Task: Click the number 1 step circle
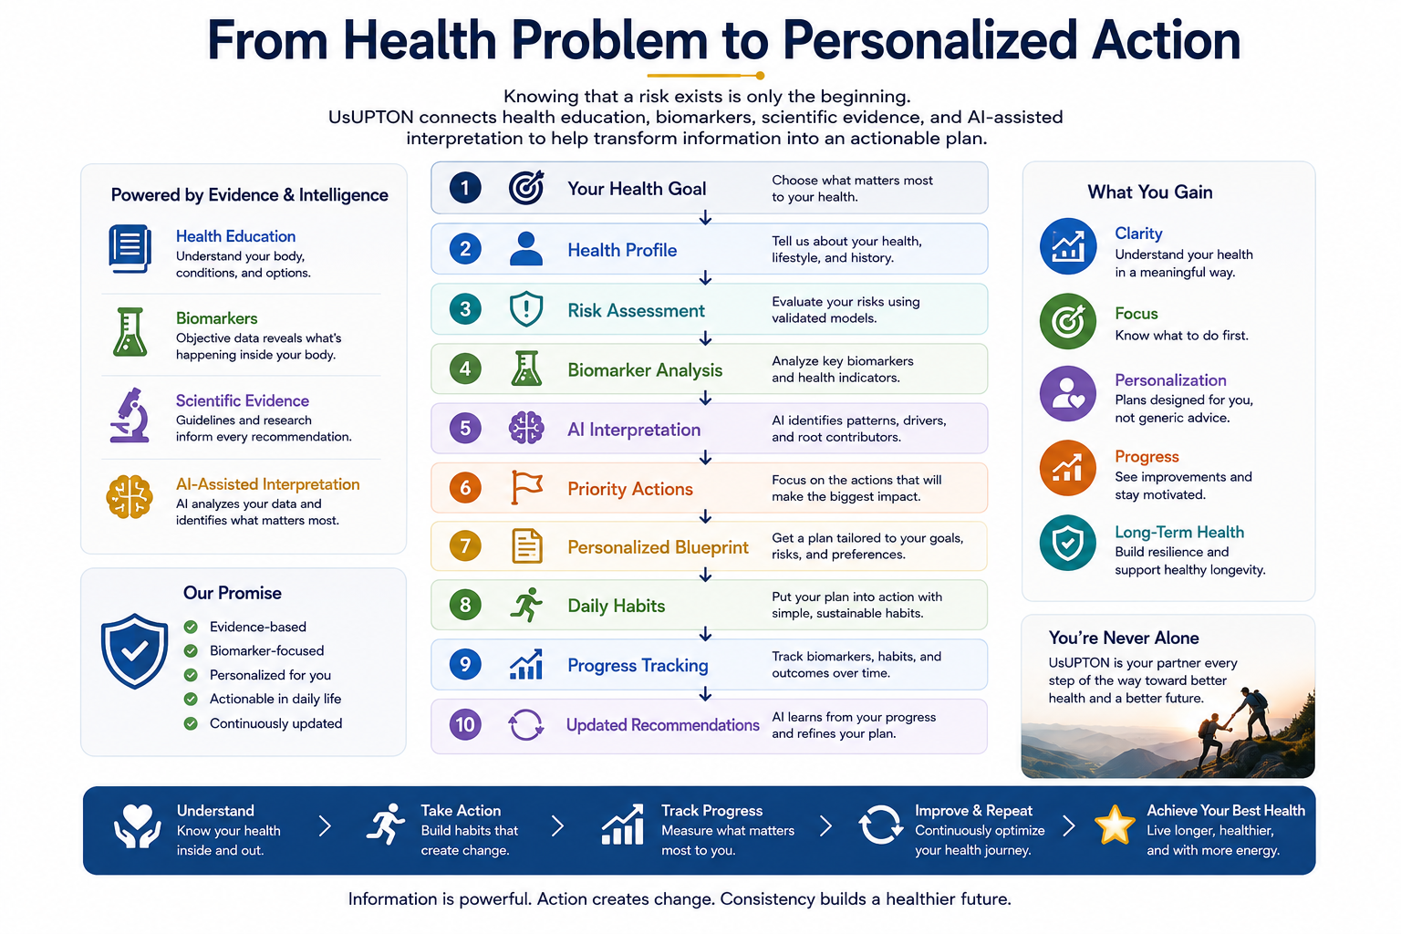point(464,188)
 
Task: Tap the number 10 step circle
point(464,724)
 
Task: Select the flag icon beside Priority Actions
point(526,487)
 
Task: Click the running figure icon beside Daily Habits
point(526,605)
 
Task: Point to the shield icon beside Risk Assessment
point(526,308)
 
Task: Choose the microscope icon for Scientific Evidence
point(130,415)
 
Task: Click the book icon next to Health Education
point(130,249)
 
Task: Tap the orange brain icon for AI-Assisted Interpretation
point(130,497)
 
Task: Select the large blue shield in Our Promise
point(134,650)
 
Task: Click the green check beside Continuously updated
point(191,724)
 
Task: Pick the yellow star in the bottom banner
point(1115,825)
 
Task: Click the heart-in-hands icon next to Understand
point(137,825)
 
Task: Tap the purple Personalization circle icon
point(1068,393)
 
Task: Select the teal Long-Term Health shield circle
point(1068,543)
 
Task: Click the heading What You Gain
point(1149,192)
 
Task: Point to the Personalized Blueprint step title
point(658,547)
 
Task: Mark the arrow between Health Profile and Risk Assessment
point(705,278)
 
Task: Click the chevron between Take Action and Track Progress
point(558,825)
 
